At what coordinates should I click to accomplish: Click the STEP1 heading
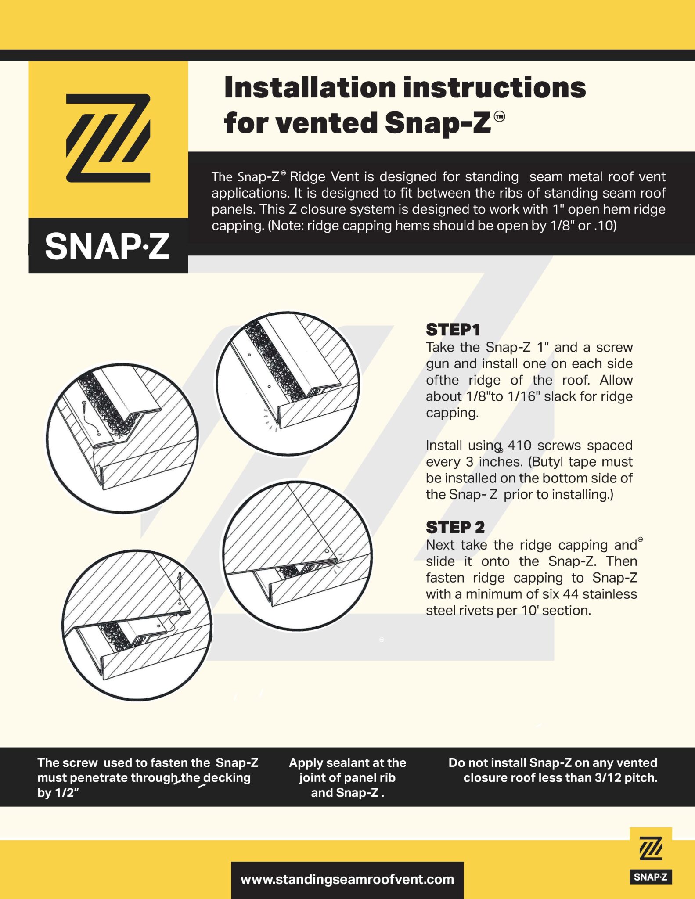453,330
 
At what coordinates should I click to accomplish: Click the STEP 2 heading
455,527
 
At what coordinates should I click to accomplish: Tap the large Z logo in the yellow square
108,138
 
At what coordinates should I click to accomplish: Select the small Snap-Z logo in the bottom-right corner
651,856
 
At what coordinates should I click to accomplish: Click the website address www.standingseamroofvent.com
347,879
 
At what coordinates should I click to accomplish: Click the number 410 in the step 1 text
519,445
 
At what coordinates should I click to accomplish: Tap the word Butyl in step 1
548,461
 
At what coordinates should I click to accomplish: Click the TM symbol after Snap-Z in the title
500,117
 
